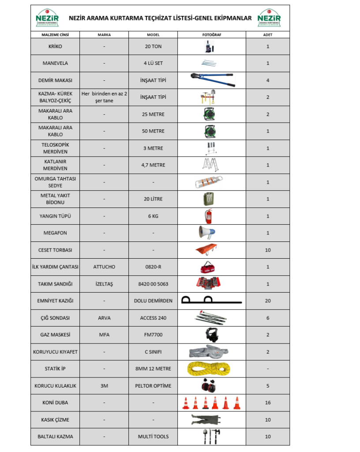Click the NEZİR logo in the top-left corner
47,18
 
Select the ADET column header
267,34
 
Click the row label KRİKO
55,46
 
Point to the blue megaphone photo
207,232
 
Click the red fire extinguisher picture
208,216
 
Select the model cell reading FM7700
153,335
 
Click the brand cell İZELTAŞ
104,284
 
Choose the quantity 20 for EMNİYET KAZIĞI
267,301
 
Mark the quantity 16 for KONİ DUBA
267,403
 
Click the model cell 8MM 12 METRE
153,369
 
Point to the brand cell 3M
104,386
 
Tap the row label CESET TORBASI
55,250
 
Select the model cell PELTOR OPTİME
153,386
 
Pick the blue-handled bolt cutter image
212,79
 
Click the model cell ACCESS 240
153,318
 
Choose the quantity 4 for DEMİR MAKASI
267,80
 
